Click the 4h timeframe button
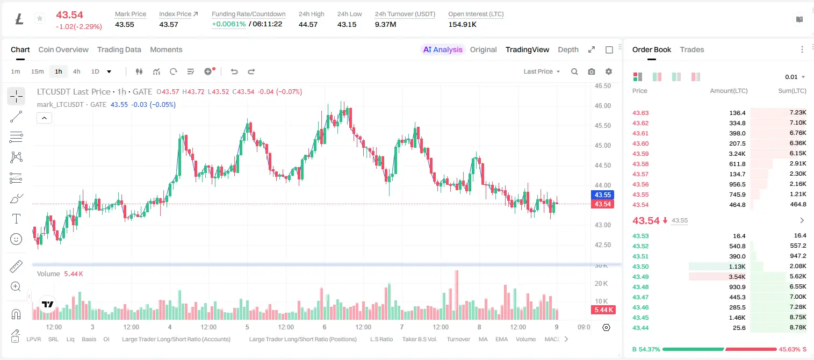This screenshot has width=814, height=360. pos(76,71)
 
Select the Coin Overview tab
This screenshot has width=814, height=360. pos(63,49)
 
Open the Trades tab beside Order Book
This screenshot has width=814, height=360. pos(691,49)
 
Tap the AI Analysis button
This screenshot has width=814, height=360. pos(443,49)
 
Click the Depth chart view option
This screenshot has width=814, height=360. pos(568,49)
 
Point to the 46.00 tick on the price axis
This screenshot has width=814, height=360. pos(602,106)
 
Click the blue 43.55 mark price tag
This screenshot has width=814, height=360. pos(602,195)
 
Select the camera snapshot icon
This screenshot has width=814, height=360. pos(591,71)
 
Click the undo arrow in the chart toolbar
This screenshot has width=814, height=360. pos(234,71)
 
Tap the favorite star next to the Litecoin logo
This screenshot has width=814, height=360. pos(40,18)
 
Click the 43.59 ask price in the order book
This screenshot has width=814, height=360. pos(640,154)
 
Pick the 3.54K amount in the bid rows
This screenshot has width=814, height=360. pos(737,277)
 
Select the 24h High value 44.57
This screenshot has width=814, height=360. pos(308,24)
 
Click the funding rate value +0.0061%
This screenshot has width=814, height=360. pos(228,24)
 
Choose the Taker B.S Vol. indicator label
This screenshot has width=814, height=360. pos(419,339)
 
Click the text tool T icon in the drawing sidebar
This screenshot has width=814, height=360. pos(16,219)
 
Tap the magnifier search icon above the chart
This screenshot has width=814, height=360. pos(574,71)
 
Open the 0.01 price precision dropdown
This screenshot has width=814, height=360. pos(795,77)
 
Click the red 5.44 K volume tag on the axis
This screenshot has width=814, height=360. pos(603,310)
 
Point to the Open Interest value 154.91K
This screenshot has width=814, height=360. pos(462,24)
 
